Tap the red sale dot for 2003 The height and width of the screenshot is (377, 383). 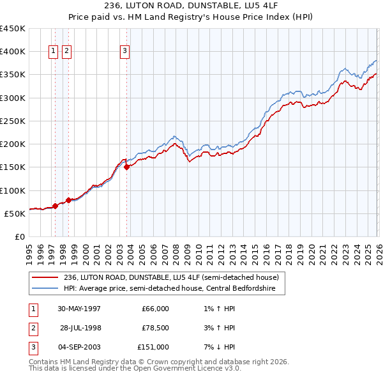[127, 167]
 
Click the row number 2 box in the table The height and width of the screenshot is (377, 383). [32, 328]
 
